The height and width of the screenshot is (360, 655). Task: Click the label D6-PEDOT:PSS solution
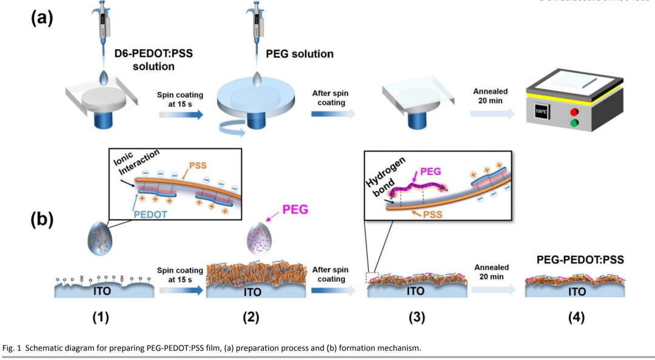tap(154, 60)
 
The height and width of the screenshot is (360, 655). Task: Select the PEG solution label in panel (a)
tap(300, 54)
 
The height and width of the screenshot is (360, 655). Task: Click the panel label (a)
tap(42, 18)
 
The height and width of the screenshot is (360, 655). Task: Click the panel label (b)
tap(42, 220)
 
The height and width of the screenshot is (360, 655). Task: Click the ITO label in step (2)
tap(252, 292)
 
